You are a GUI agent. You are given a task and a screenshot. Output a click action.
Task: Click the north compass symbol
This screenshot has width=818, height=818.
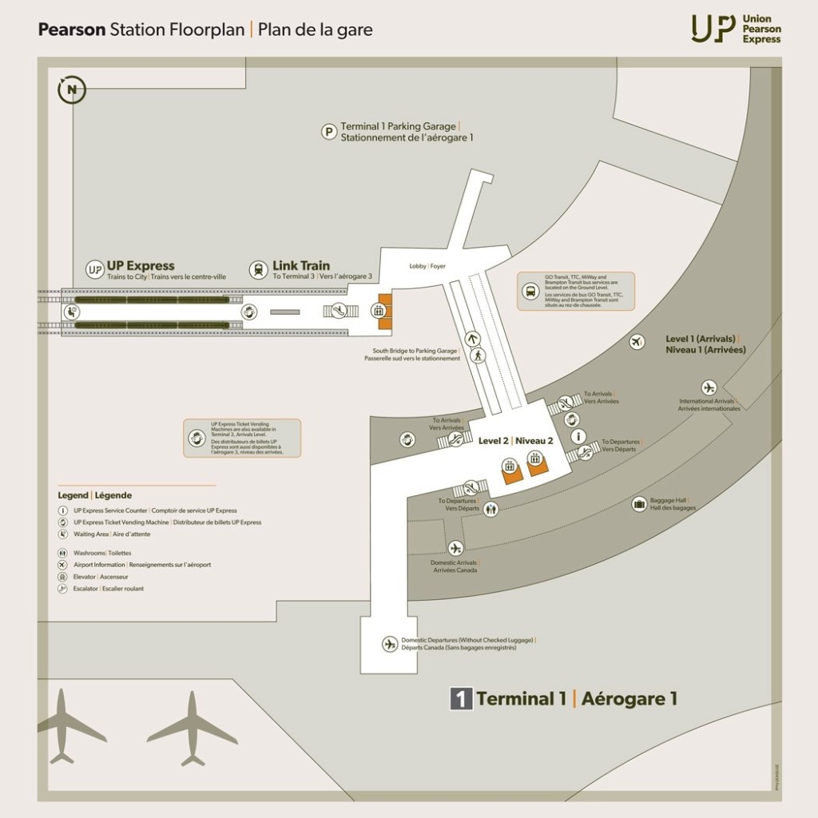coord(72,89)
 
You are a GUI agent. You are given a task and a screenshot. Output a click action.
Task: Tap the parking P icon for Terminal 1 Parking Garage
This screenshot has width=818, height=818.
coord(328,132)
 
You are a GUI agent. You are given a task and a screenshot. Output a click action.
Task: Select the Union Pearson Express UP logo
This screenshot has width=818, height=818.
coord(713,28)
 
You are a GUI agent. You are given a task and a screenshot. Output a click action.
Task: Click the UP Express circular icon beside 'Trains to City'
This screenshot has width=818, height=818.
coord(94,269)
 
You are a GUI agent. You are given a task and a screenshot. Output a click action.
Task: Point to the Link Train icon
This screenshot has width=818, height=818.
coord(258,270)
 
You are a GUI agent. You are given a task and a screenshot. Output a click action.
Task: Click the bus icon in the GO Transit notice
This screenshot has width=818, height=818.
coord(530,292)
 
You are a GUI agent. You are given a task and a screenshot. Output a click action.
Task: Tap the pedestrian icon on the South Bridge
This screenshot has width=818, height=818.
coord(477,357)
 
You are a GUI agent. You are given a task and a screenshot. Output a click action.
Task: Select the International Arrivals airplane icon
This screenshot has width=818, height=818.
coord(708,387)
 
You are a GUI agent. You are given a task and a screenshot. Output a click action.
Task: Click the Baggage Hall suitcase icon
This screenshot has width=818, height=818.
coord(639,504)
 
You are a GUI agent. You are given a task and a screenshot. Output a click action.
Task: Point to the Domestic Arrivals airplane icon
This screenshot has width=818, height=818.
coord(455,548)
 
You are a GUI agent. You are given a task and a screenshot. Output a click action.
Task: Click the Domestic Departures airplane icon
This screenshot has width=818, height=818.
coord(390,644)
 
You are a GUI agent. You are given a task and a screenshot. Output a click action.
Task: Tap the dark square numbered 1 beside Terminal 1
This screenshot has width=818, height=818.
coord(460,699)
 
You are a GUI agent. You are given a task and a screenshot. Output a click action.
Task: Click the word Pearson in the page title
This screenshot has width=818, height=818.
coord(72,30)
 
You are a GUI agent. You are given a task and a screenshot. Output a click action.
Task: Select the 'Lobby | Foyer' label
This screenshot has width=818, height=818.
coord(427,266)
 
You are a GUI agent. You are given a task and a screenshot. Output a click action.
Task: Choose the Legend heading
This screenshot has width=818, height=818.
coord(94,495)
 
